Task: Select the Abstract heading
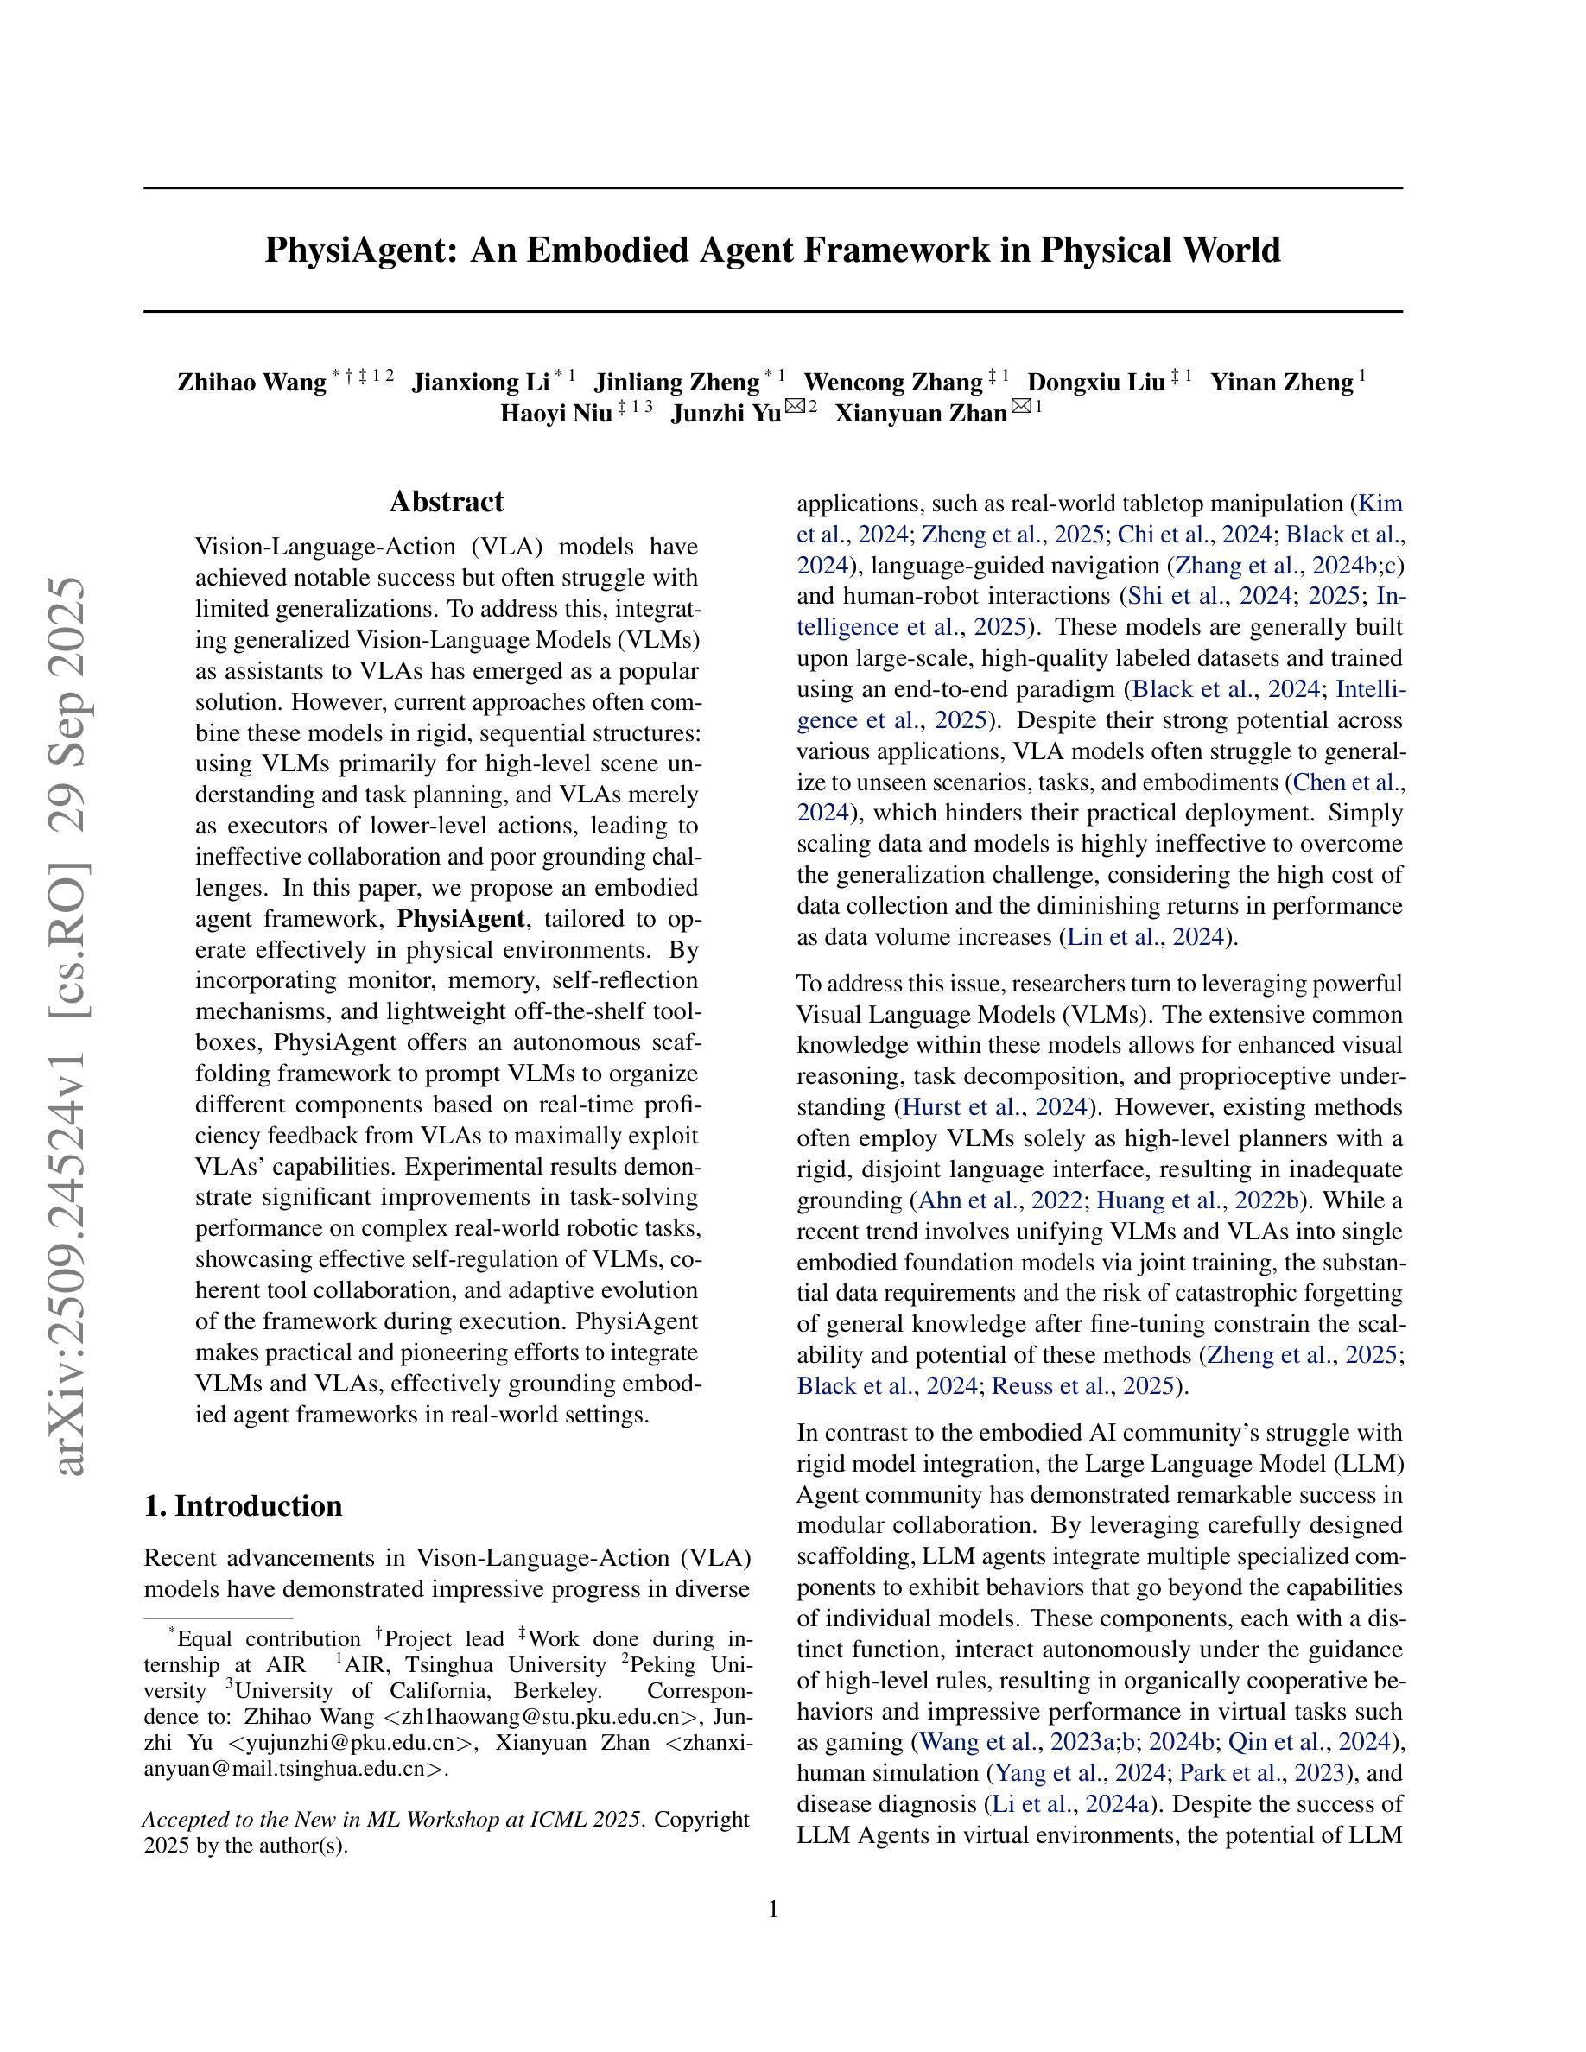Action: (447, 502)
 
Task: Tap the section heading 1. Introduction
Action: (244, 1505)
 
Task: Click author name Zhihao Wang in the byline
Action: (251, 383)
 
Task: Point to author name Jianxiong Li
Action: (480, 383)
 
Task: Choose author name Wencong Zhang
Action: (892, 383)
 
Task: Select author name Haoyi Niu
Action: (555, 414)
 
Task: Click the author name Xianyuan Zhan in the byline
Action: (920, 414)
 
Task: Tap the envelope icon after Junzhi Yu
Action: (795, 407)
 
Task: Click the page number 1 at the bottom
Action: (773, 1909)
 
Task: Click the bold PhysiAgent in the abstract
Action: (460, 918)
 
